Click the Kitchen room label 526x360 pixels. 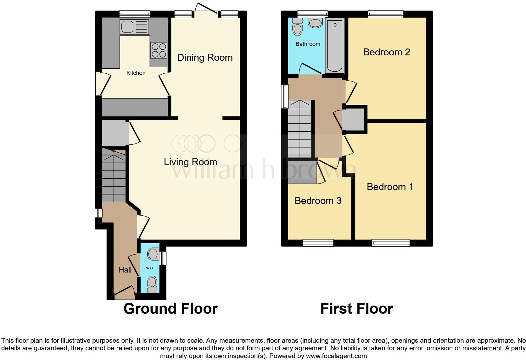tap(136, 73)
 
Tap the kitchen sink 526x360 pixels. tap(134, 26)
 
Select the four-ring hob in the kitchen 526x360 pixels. tap(159, 50)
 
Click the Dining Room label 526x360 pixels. tap(205, 58)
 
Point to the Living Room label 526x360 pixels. tap(190, 162)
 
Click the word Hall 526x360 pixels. tap(125, 270)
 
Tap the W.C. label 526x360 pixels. tap(149, 268)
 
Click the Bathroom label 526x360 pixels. tap(308, 44)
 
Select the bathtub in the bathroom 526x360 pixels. tap(335, 46)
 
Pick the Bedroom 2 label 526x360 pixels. tap(386, 52)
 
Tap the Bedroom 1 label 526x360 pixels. tap(390, 187)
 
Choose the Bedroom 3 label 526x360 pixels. tap(318, 201)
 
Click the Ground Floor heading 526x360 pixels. tap(171, 309)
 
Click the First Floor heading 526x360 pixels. tap(356, 309)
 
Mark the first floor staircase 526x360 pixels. tap(300, 129)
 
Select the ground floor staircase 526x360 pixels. tap(114, 176)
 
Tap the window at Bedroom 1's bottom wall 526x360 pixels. tap(390, 243)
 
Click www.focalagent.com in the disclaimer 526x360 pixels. tap(336, 356)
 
